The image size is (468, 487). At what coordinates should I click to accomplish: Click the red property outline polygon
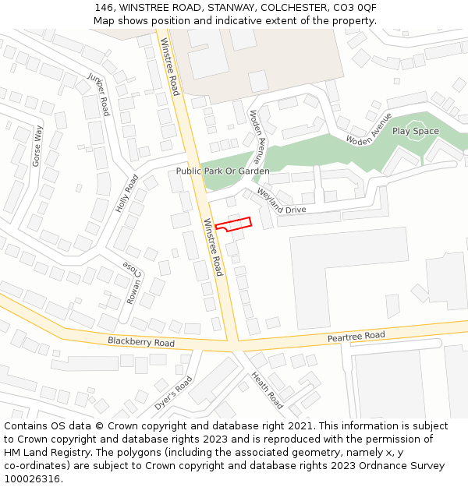[233, 224]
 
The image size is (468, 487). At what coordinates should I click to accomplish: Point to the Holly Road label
[126, 194]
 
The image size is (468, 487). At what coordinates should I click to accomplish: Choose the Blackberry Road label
[141, 342]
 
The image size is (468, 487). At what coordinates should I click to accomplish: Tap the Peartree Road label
[356, 336]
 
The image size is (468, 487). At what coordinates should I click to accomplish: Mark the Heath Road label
[267, 390]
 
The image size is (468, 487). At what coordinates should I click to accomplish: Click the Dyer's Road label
[173, 393]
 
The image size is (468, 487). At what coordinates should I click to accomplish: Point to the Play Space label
[415, 131]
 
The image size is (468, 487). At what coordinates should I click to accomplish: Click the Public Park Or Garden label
[222, 171]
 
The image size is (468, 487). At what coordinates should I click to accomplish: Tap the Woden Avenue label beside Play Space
[369, 130]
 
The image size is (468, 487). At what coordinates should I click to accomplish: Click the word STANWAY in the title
[231, 7]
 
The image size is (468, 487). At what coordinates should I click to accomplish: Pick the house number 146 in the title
[104, 7]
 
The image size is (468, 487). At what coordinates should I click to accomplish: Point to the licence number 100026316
[33, 479]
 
